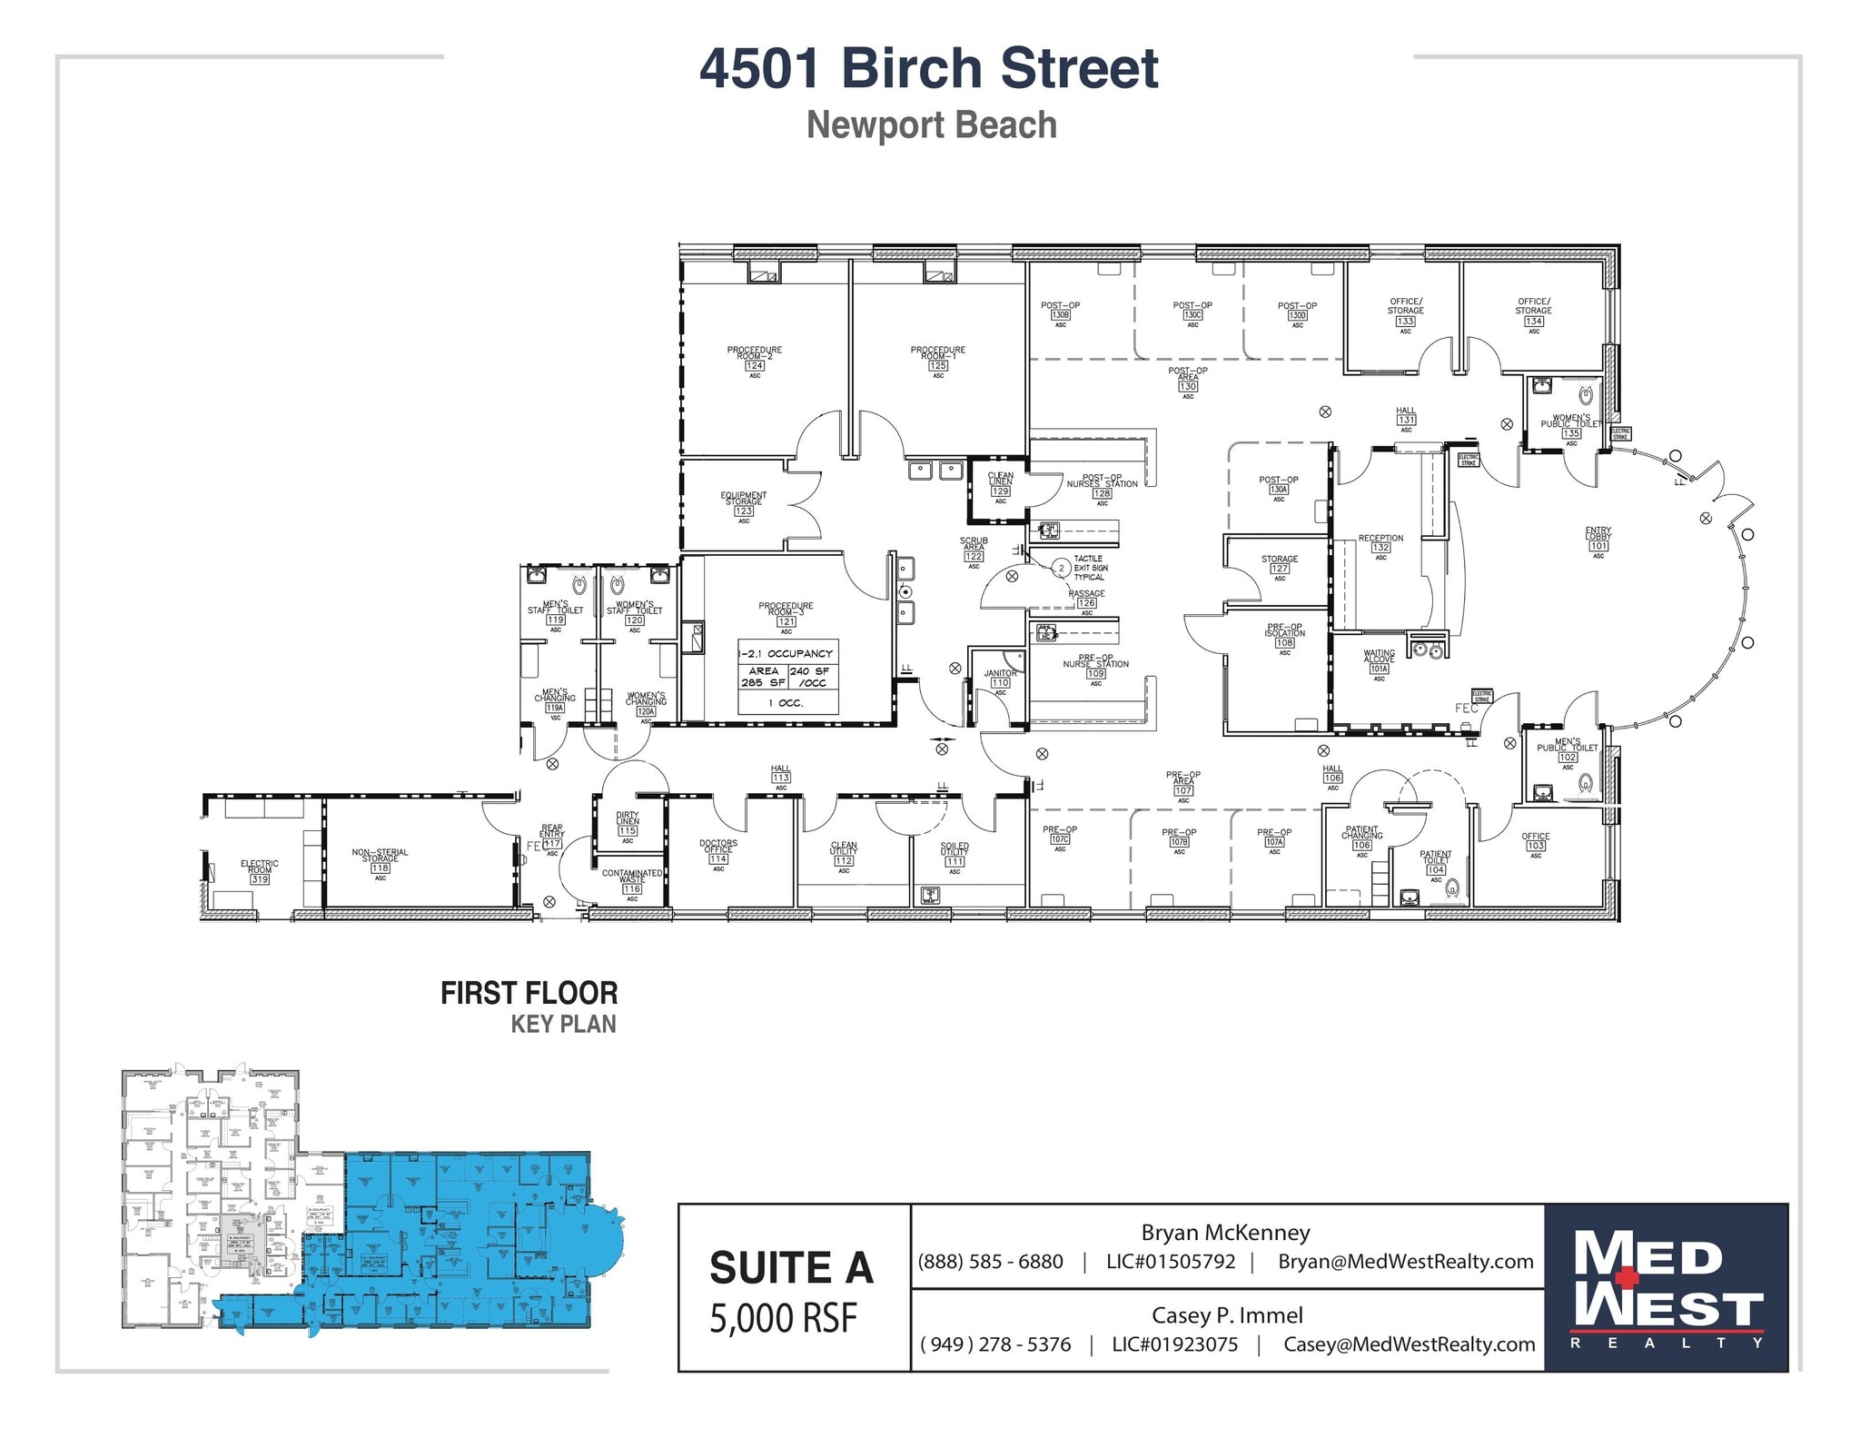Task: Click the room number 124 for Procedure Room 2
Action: [755, 366]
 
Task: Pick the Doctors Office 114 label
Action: [718, 851]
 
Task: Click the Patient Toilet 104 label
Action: [1435, 863]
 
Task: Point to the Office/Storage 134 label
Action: [1534, 311]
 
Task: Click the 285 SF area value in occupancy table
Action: [763, 682]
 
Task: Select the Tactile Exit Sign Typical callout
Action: [1091, 568]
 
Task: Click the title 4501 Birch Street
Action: [929, 68]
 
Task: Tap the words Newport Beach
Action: [932, 125]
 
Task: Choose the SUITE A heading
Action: [791, 1268]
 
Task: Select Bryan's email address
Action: [1405, 1262]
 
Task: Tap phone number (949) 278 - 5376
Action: [995, 1344]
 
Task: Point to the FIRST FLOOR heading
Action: [529, 993]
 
